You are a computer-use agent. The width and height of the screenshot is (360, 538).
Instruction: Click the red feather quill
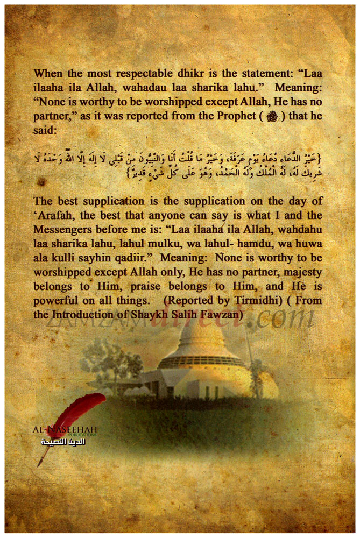75,415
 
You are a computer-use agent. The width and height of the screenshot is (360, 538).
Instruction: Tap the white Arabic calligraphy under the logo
63,441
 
